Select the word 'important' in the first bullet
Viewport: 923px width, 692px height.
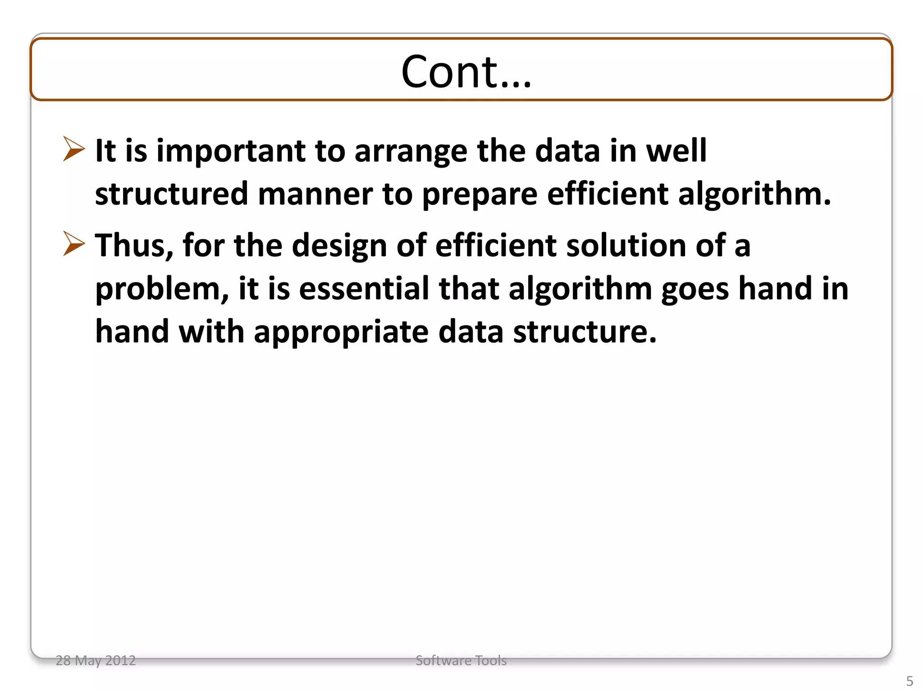tap(231, 151)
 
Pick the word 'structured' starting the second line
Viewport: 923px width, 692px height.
tap(171, 194)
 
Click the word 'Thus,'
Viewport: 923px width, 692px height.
tap(134, 246)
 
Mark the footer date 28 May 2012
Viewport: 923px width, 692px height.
tap(96, 660)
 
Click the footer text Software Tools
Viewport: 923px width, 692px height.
tap(461, 660)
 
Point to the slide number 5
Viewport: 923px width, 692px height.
tap(909, 681)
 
